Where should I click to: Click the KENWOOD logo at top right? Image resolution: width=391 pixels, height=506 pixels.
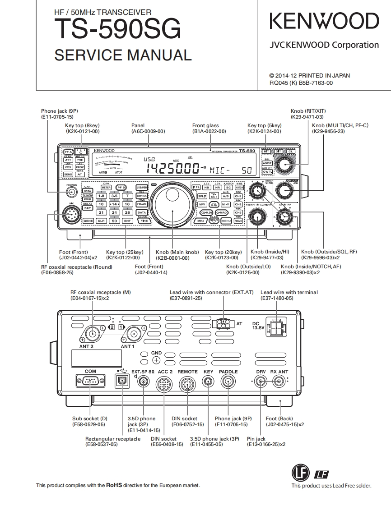pyautogui.click(x=324, y=22)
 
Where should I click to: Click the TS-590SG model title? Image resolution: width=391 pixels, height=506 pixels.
pyautogui.click(x=117, y=29)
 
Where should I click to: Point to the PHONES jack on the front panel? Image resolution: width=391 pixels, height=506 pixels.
pyautogui.click(x=70, y=192)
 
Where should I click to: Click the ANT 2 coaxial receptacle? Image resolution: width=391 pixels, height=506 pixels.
pyautogui.click(x=93, y=334)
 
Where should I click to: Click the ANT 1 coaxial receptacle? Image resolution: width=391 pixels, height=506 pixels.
pyautogui.click(x=134, y=334)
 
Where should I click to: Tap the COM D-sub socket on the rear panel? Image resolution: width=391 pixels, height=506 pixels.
pyautogui.click(x=90, y=381)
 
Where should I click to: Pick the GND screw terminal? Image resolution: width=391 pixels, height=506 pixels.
pyautogui.click(x=156, y=360)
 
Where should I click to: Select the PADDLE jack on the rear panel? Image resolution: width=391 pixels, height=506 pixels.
pyautogui.click(x=228, y=382)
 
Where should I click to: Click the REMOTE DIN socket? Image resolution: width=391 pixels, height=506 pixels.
pyautogui.click(x=187, y=384)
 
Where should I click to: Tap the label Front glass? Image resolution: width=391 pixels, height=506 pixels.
pyautogui.click(x=205, y=125)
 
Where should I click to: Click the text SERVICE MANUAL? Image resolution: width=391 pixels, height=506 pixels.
pyautogui.click(x=123, y=55)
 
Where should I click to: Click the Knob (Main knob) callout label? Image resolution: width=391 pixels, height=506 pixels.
pyautogui.click(x=177, y=252)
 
